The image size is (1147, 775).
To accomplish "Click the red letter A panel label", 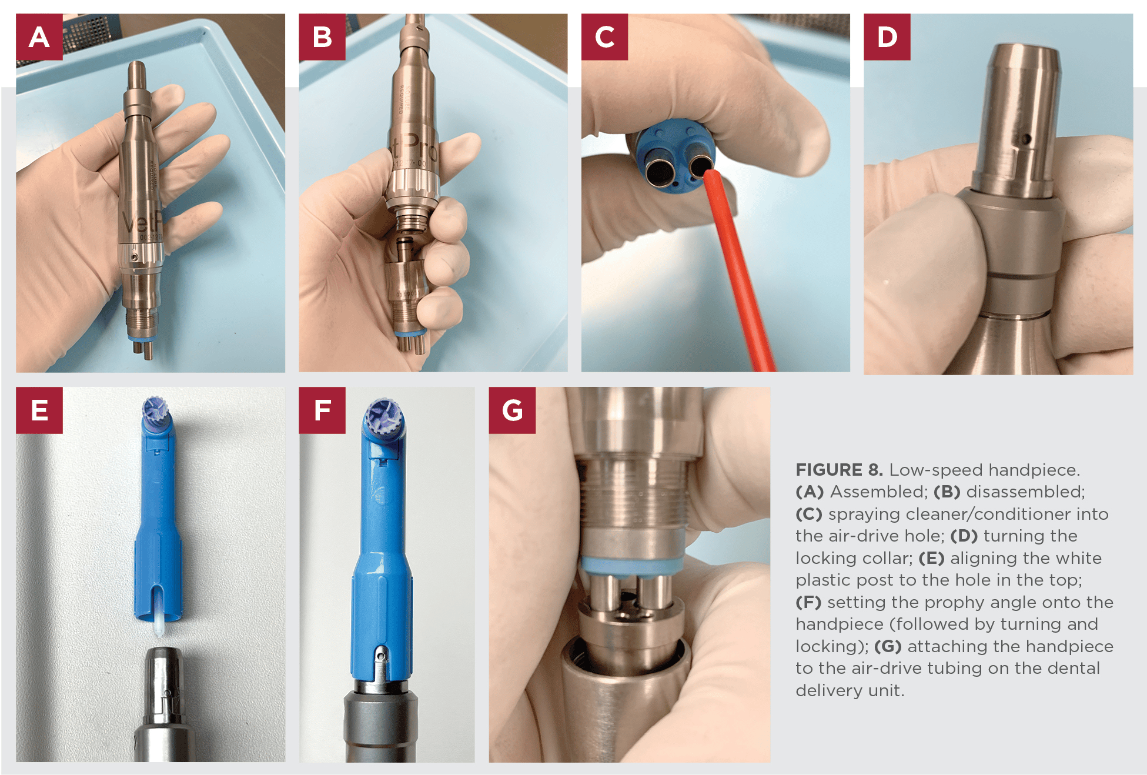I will tap(39, 37).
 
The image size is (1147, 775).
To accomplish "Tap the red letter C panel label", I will tap(604, 37).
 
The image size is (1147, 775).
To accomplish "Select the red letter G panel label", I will tap(511, 410).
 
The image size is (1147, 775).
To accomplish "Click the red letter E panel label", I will tap(39, 410).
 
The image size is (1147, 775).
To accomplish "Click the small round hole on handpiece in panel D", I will tap(1026, 139).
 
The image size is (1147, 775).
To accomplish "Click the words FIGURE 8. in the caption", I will tap(839, 470).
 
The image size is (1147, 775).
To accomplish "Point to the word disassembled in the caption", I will tap(1025, 492).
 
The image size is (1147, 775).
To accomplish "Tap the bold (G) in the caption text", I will tap(887, 646).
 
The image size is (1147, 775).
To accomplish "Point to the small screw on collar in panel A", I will tap(135, 258).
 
